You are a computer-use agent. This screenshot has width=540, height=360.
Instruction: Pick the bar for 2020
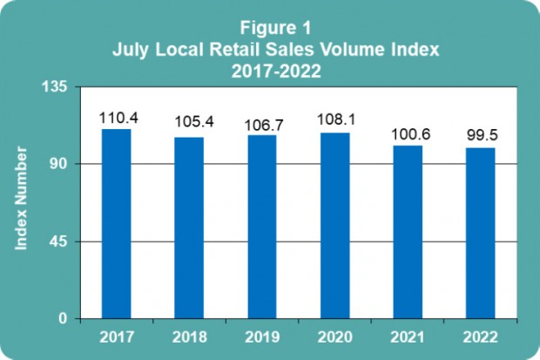[x=334, y=226]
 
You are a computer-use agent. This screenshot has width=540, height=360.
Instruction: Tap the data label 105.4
[x=189, y=125]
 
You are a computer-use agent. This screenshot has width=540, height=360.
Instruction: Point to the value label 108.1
[x=335, y=120]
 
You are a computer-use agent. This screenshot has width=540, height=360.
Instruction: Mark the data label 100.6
[x=408, y=133]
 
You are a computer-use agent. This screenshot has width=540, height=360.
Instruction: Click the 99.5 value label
[x=480, y=135]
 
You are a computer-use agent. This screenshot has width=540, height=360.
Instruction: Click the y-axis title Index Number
[x=23, y=200]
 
